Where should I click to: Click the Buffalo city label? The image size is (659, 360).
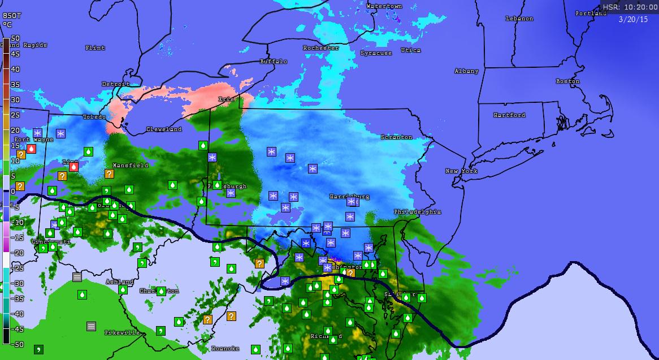pos(274,61)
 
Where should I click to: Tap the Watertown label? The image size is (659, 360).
pos(384,6)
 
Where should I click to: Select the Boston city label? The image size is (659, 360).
pos(567,81)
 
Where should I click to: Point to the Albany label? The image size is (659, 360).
pos(467,71)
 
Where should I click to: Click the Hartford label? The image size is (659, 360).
pos(509,115)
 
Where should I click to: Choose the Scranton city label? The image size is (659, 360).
pos(397,137)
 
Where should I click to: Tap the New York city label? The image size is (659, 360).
pos(462,171)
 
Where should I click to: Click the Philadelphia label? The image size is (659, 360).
pos(418,212)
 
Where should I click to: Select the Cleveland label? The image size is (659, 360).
pos(164,129)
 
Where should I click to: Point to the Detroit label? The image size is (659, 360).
pos(116,84)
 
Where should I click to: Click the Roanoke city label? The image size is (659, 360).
pos(226,349)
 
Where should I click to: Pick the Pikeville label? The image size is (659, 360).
pos(122,333)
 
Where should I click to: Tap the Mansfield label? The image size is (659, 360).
pos(131,166)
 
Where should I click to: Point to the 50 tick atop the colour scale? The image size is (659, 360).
pos(15,38)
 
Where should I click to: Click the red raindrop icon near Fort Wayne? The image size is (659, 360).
pos(32,149)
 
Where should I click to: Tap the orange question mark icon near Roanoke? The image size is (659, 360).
pos(231,316)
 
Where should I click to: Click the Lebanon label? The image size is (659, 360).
pos(519,19)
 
